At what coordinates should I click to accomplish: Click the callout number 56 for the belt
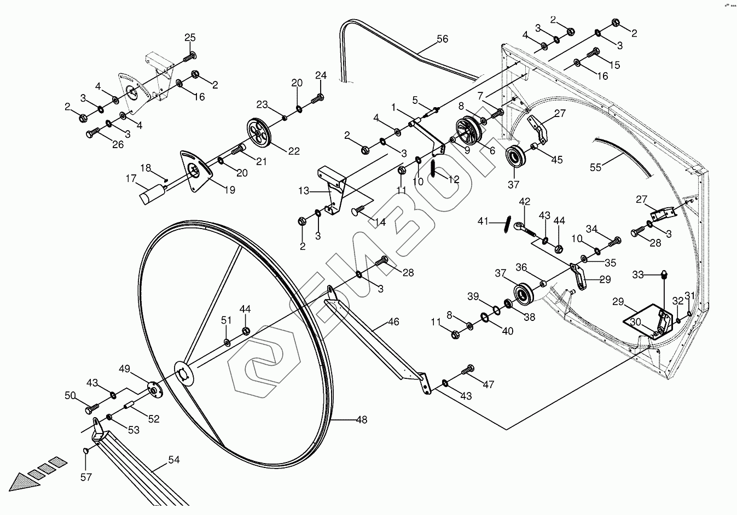coord(442,39)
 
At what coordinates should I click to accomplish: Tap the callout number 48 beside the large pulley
coord(361,420)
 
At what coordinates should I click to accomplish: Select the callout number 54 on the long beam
coord(173,460)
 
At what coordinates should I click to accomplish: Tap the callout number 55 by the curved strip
coord(595,167)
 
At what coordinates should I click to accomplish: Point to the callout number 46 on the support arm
coord(393,321)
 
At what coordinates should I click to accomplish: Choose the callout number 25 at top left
coord(189,38)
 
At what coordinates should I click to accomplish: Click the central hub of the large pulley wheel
coord(184,375)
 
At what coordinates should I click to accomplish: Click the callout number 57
coord(86,477)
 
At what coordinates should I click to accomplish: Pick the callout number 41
coord(483,221)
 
